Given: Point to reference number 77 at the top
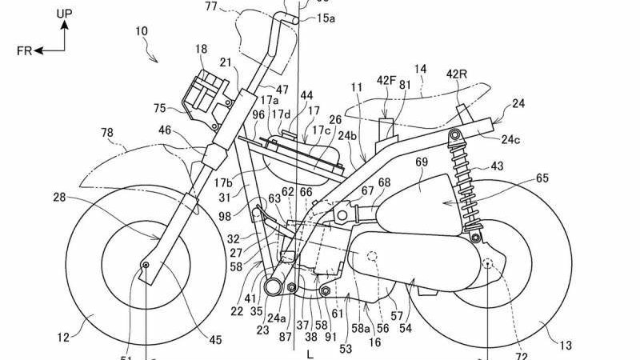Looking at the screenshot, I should click(x=210, y=7).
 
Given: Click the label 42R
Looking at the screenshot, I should click(x=457, y=74).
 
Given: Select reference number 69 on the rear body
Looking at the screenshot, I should click(x=422, y=162).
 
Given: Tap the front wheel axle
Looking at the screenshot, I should click(x=146, y=264).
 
